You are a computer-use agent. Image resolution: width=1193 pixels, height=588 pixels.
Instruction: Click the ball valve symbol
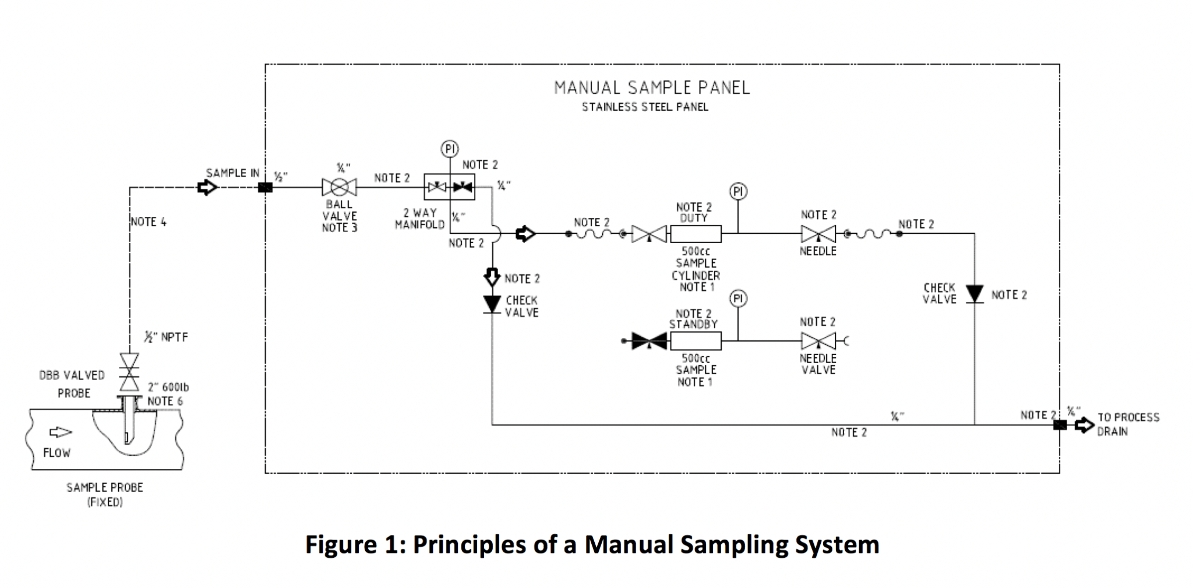(x=339, y=187)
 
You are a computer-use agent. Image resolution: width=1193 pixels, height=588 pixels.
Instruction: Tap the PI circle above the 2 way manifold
(x=449, y=149)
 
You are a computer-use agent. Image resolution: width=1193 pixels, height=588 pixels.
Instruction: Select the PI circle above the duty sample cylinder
(x=738, y=192)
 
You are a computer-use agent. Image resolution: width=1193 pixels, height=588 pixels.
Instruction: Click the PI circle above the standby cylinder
(x=738, y=299)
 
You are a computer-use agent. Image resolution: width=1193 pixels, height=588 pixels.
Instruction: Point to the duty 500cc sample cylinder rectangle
(x=696, y=234)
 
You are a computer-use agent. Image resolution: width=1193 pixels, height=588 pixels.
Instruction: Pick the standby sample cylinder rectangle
(x=696, y=341)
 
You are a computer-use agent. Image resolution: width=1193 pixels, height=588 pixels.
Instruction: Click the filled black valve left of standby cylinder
(x=649, y=341)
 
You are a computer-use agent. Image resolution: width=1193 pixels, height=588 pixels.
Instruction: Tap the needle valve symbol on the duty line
(x=818, y=234)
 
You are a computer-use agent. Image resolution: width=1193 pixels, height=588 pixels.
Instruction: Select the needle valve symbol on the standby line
(x=818, y=341)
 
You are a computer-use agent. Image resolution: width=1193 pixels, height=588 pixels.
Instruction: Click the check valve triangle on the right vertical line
(x=975, y=293)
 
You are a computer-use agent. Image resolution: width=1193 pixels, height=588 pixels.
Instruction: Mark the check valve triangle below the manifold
(x=492, y=304)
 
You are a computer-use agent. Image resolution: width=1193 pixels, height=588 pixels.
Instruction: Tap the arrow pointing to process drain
(x=1084, y=425)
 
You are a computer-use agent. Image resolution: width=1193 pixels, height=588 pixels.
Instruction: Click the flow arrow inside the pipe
(x=60, y=432)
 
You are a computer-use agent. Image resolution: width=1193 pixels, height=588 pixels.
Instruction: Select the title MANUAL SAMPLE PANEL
(x=652, y=88)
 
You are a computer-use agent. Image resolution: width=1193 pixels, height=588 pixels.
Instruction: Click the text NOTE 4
(x=149, y=222)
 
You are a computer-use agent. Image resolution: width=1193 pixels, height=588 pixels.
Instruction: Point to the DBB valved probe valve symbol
(x=129, y=372)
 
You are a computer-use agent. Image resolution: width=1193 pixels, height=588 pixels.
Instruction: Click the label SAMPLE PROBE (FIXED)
(x=105, y=494)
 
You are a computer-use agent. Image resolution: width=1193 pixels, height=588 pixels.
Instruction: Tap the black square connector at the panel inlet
(x=265, y=188)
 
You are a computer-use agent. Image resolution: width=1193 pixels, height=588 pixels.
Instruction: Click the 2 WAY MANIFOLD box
(x=449, y=187)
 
